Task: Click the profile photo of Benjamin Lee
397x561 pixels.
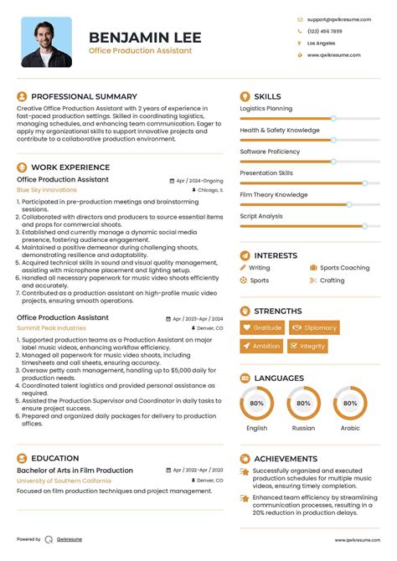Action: tap(46, 42)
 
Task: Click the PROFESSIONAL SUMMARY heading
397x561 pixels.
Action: tap(84, 96)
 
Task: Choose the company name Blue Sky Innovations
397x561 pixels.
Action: tap(46, 190)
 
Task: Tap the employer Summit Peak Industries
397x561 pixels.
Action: tap(51, 328)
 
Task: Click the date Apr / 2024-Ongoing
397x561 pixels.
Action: tap(199, 180)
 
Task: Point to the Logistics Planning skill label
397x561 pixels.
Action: tap(266, 109)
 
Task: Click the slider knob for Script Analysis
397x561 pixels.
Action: tap(364, 226)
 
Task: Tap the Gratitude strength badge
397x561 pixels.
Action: tap(261, 328)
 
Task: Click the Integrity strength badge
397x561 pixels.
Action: tap(307, 346)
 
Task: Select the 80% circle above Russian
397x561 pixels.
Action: tap(303, 404)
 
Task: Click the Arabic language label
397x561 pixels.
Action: tap(349, 428)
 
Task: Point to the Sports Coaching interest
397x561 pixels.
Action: tap(344, 268)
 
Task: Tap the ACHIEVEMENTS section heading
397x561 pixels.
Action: tap(286, 459)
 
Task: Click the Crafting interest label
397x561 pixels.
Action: tap(332, 280)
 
